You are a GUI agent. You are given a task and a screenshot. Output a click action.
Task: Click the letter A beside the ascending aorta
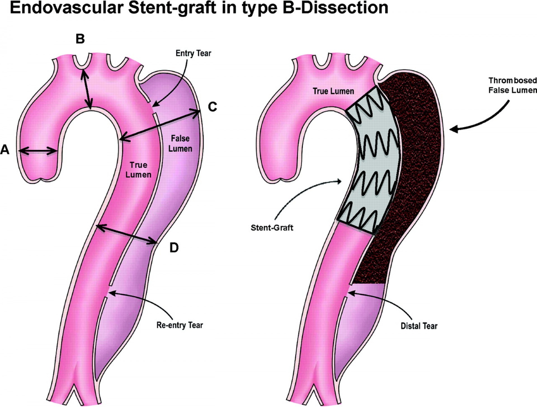5,150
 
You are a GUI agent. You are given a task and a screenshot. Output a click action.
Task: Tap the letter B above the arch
80,39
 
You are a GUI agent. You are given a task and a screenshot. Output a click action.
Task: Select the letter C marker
213,107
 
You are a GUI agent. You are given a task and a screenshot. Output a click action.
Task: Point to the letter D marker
174,248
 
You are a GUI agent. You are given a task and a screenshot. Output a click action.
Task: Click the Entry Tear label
193,53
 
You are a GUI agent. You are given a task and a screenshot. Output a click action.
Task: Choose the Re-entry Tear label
180,325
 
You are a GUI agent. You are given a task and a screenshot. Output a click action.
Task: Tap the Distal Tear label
419,326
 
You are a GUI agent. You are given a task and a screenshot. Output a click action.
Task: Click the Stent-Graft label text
272,228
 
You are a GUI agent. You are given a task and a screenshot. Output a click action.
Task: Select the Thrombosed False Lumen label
512,85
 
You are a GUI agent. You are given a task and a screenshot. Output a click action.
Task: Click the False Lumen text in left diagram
180,143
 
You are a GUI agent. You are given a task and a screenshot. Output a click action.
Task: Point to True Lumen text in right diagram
333,91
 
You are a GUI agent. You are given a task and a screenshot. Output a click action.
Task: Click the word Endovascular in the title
67,8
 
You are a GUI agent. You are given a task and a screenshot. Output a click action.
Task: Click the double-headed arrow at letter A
38,151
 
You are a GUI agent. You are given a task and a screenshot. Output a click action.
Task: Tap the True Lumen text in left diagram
138,170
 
